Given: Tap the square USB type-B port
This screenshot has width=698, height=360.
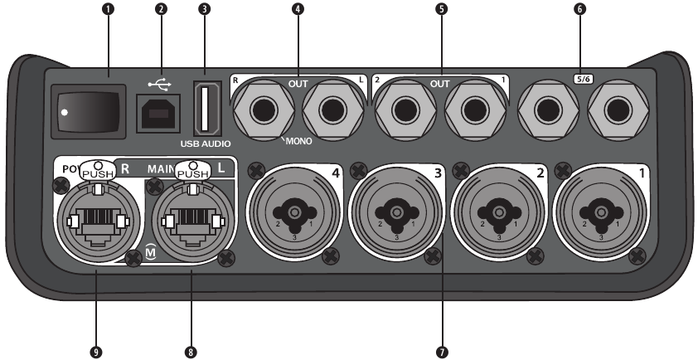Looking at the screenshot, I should pos(156,114).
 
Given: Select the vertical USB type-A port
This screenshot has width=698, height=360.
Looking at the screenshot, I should pos(206,108).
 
